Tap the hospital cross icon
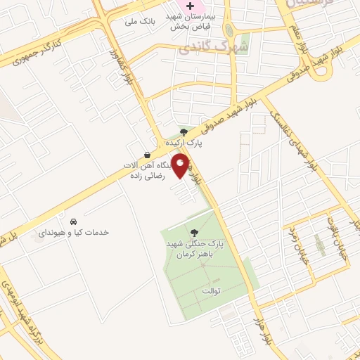(x=190, y=6)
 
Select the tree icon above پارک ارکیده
(x=184, y=131)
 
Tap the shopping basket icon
(x=146, y=155)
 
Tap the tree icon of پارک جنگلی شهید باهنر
(x=193, y=232)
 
